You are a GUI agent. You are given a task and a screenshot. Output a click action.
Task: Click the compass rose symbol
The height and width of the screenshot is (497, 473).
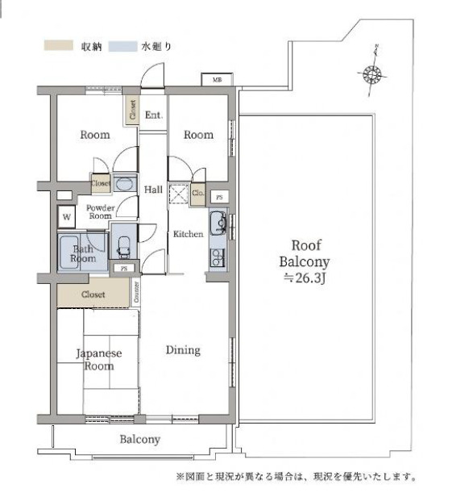[371, 75]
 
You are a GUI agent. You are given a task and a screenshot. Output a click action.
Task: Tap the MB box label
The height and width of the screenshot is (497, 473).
[217, 80]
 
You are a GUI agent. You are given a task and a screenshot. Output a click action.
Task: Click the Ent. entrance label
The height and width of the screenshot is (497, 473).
[153, 115]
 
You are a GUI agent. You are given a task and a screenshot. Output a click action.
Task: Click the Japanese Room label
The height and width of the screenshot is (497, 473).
[98, 359]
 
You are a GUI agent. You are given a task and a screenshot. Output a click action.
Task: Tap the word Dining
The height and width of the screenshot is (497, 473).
[183, 350]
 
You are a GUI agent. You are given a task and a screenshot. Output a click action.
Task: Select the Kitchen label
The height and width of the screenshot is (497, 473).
[188, 234]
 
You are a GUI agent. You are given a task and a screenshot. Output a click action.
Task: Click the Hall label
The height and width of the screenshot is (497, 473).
[153, 190]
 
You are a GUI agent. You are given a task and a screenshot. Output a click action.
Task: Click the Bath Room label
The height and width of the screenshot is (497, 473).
[84, 253]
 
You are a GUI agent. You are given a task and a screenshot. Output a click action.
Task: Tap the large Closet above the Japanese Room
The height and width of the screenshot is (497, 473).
[93, 294]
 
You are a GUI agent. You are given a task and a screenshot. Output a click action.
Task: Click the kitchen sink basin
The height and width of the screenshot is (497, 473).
[218, 223]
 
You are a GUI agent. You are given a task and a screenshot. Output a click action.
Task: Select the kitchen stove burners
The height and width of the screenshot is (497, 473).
[217, 257]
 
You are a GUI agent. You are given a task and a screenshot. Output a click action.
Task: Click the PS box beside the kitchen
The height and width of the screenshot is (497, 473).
[218, 197]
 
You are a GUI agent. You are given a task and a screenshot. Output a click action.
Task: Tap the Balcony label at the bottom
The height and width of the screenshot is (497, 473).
[140, 440]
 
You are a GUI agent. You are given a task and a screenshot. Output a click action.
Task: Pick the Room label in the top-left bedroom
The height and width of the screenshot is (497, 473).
[94, 135]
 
